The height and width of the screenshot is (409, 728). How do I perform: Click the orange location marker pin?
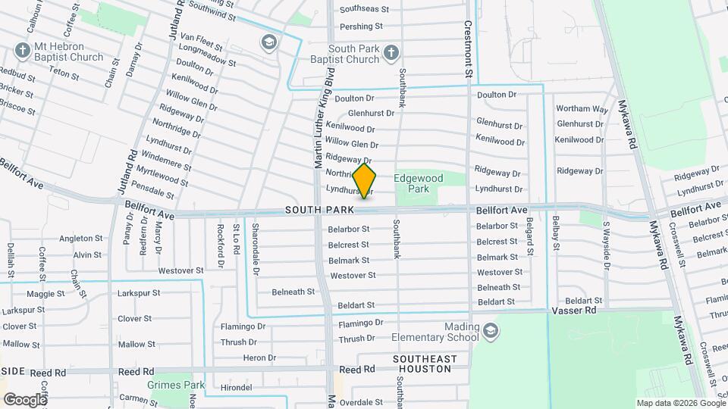point(365,181)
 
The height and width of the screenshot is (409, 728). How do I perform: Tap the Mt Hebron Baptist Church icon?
point(22,52)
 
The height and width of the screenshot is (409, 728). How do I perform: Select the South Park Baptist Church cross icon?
point(391,52)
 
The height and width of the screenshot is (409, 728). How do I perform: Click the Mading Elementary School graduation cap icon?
point(491,330)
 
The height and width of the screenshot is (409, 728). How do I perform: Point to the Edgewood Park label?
point(418,183)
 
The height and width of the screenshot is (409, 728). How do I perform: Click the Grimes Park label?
point(178,385)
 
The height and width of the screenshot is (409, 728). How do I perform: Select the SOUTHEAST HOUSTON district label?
point(425,364)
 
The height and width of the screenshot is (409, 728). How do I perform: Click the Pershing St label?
point(361,27)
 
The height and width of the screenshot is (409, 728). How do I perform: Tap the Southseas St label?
point(364,10)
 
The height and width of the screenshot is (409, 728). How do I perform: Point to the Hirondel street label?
point(236,388)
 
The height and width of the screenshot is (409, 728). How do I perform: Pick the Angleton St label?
point(80,239)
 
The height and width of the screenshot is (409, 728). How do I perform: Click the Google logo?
point(24,399)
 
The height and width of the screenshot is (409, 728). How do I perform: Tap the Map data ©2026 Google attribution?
point(680,403)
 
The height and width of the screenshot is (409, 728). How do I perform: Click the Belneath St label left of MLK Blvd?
point(293,292)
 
